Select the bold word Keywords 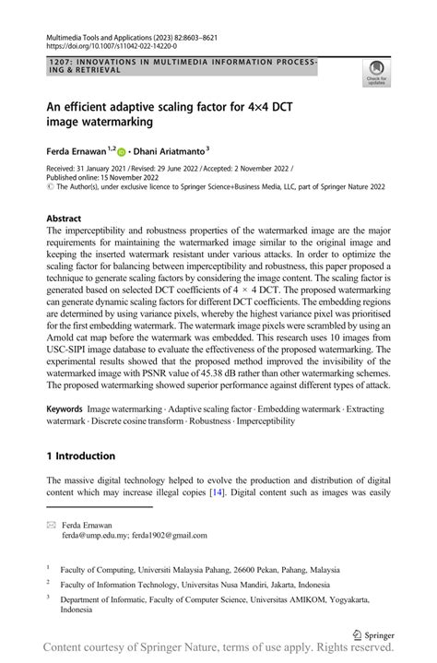[68, 408]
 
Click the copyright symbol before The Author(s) [51, 187]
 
